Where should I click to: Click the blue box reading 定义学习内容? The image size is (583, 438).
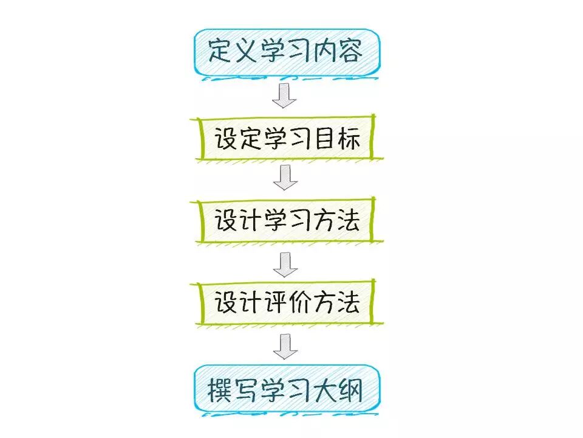tap(286, 52)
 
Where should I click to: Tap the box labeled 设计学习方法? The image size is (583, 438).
tap(286, 220)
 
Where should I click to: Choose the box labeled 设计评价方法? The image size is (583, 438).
tap(286, 302)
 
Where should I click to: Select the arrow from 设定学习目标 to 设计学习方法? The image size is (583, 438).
tap(285, 177)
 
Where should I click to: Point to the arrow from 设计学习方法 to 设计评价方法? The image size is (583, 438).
tap(285, 262)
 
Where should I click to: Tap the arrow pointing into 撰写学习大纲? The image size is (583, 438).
tap(285, 346)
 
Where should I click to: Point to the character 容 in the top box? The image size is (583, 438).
tap(349, 51)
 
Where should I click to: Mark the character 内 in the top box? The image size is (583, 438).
tap(324, 51)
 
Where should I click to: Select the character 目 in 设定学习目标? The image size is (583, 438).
tap(322, 139)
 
